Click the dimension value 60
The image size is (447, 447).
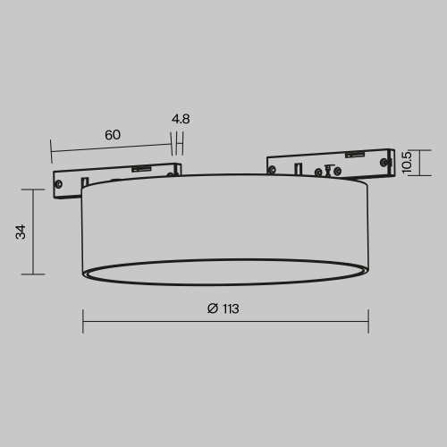(x=112, y=134)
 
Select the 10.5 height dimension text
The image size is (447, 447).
(x=407, y=162)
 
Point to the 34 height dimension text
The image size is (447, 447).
(x=21, y=232)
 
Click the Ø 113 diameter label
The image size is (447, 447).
(x=223, y=308)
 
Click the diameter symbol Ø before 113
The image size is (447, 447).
(x=212, y=308)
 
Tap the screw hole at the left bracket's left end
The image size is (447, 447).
(x=59, y=185)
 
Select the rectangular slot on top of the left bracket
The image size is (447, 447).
(x=140, y=167)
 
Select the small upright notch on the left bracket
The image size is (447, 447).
(x=177, y=168)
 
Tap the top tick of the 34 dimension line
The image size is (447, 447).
(x=33, y=189)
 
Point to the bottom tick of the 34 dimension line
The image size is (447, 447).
(x=33, y=274)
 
